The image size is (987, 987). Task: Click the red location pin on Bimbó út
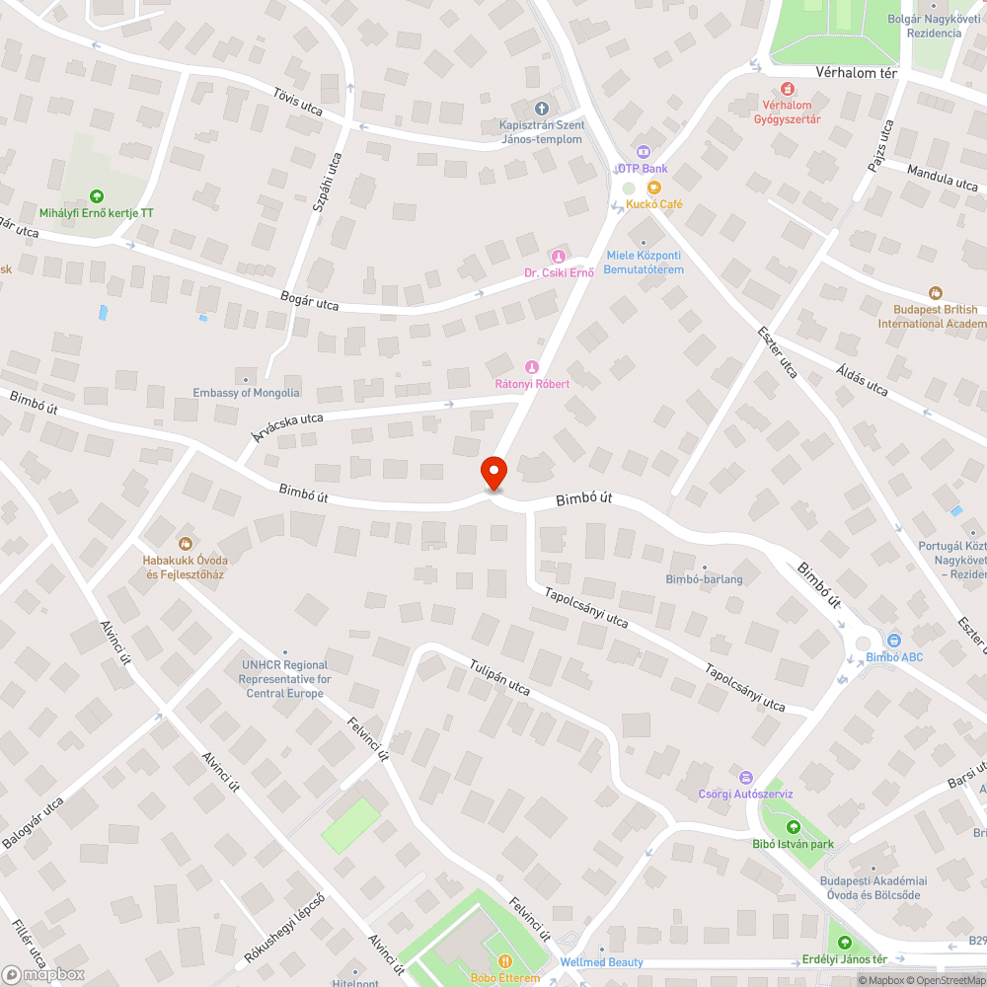(x=493, y=473)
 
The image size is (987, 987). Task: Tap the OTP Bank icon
(x=643, y=152)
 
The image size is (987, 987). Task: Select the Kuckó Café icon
(x=653, y=188)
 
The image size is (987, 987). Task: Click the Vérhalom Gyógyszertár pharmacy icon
(x=787, y=89)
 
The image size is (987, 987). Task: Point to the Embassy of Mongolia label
(x=246, y=392)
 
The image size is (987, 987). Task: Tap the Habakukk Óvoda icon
(x=185, y=543)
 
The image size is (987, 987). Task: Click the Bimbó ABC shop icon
(x=893, y=641)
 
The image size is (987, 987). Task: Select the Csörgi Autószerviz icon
(x=746, y=777)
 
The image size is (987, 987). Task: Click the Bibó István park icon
(x=792, y=827)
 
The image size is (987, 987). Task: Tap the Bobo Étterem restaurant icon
(x=504, y=961)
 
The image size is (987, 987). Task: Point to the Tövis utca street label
(x=298, y=101)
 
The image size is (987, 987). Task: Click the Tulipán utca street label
(x=500, y=677)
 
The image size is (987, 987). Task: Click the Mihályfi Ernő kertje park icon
(x=96, y=195)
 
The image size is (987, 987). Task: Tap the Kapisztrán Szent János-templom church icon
(x=541, y=109)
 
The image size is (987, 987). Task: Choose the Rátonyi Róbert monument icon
(x=532, y=367)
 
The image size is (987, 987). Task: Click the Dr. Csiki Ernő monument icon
(x=558, y=257)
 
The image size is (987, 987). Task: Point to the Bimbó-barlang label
(x=704, y=579)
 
